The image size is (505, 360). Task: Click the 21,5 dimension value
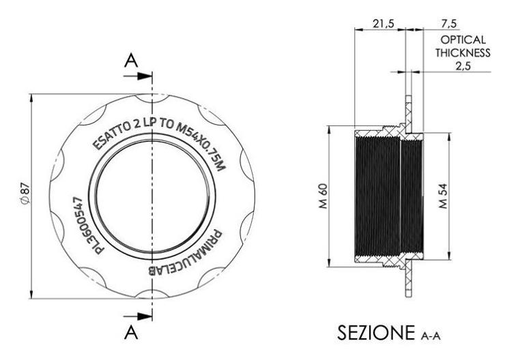384,23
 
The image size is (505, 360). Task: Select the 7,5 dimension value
449,23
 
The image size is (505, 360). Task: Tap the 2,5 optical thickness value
463,65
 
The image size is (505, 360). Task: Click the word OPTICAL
463,40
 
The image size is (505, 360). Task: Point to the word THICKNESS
463,52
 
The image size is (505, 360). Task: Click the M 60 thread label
323,196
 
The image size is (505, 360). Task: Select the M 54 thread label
444,196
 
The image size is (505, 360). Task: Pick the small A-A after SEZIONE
431,336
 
